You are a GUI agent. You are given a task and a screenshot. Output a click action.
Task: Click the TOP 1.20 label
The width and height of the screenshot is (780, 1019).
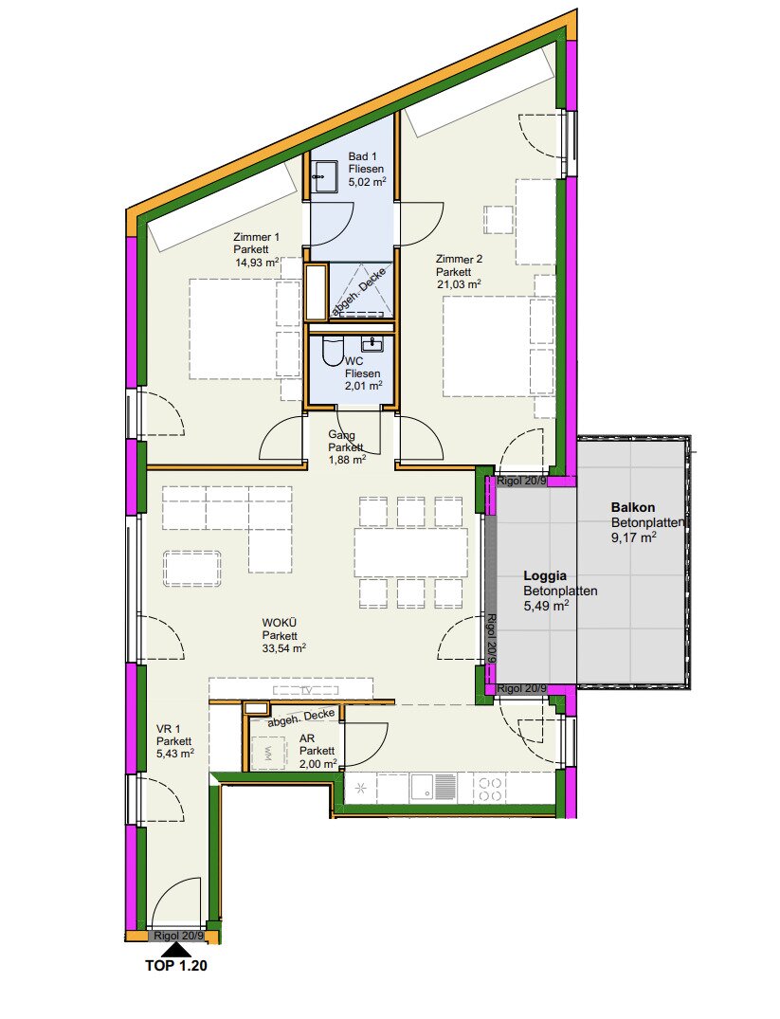(x=176, y=966)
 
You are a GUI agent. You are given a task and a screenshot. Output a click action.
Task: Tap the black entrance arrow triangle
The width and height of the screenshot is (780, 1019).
(x=175, y=950)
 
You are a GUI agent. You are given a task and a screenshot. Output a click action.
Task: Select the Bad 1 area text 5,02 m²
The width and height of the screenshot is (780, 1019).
(x=367, y=182)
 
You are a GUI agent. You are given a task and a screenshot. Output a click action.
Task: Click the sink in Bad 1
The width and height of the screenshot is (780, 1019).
(x=324, y=176)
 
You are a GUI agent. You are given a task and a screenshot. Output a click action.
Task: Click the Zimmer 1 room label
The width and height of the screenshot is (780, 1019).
(x=256, y=237)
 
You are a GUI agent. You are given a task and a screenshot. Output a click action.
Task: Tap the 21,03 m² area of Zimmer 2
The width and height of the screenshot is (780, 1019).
(x=459, y=284)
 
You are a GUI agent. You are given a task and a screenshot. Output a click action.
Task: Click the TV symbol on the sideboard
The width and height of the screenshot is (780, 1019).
(x=305, y=690)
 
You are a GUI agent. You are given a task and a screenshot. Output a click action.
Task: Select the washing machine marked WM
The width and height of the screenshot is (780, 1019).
(x=268, y=754)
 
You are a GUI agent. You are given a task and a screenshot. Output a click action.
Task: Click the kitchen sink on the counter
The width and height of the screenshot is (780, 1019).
(x=423, y=789)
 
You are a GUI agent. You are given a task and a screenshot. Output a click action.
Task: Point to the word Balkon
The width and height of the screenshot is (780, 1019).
(x=632, y=507)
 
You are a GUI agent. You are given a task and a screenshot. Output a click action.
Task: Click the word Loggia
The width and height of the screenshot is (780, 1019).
(x=545, y=575)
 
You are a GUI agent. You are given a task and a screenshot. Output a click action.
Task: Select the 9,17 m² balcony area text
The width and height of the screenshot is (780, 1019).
(x=633, y=537)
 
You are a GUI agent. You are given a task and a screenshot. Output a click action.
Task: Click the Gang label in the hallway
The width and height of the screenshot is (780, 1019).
(x=341, y=435)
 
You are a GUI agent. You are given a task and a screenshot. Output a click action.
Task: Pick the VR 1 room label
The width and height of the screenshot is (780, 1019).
(x=168, y=729)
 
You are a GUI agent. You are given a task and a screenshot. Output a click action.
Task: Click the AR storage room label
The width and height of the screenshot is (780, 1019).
(x=307, y=739)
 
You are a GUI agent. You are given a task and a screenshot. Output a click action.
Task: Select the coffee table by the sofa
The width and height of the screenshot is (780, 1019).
(x=191, y=569)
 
